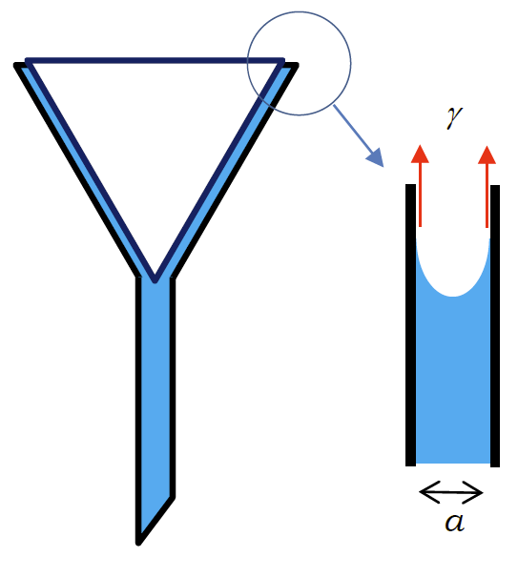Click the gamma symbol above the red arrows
[454, 117]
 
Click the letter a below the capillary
[454, 522]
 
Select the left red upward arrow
[420, 186]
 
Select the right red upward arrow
[487, 187]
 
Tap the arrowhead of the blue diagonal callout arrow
[376, 157]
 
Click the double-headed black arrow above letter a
[451, 492]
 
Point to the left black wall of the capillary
[411, 325]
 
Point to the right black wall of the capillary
[495, 326]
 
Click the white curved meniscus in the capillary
[453, 273]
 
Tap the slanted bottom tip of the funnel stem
[138, 543]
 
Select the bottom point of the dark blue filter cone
[155, 280]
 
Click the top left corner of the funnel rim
[15, 65]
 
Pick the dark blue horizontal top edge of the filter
[155, 60]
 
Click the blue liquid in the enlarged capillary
[453, 380]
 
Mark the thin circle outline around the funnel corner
[351, 63]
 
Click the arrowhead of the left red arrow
[420, 155]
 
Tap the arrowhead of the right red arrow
[487, 155]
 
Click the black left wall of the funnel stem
[138, 409]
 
